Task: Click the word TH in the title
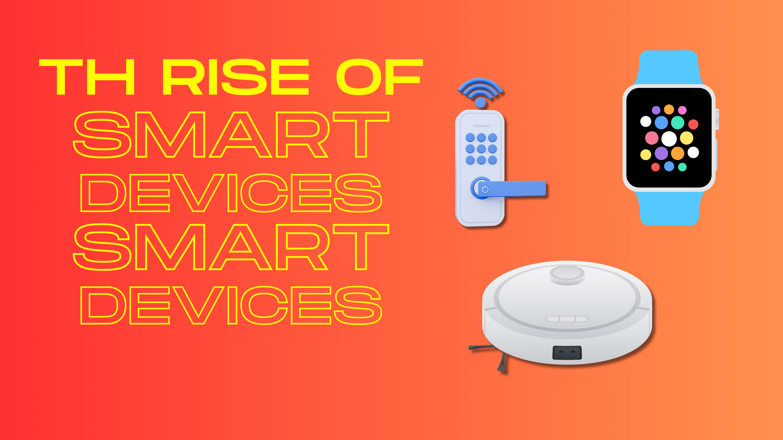coord(87,77)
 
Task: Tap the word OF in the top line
coord(380,77)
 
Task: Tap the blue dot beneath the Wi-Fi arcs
coord(481,102)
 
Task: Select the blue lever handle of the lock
coord(510,189)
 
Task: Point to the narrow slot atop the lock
coord(481,125)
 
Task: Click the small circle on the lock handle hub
coord(485,189)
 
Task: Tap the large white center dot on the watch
coord(669,139)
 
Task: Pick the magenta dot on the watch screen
coord(682,110)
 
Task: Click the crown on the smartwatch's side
coord(717,119)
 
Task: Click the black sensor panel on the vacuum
coord(567,353)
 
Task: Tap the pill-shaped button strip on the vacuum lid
coord(567,319)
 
